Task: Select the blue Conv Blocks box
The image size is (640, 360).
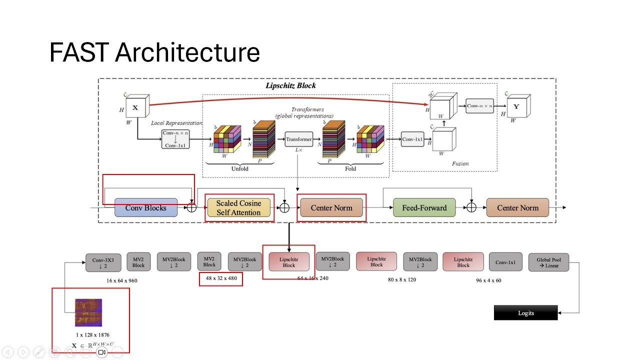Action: pos(146,207)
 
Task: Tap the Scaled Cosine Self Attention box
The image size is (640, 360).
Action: pos(238,208)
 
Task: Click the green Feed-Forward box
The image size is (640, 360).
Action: pos(424,207)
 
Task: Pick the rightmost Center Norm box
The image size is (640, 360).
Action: pos(517,207)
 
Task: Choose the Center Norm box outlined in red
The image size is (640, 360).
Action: pos(331,207)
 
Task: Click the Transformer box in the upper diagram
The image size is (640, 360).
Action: pos(299,139)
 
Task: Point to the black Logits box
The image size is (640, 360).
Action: pos(525,313)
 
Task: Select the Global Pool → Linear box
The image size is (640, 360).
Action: pos(548,262)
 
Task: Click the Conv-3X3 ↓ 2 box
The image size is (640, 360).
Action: pos(103,262)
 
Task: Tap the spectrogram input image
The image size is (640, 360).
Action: pos(88,312)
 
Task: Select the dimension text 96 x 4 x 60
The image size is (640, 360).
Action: pos(488,280)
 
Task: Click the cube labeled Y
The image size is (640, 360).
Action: pos(518,106)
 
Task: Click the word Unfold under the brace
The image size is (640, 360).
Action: pos(239,168)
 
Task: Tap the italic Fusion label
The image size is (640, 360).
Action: pos(460,163)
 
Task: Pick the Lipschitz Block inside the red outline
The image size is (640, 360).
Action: pos(289,262)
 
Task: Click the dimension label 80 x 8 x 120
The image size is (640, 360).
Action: pos(401,279)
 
